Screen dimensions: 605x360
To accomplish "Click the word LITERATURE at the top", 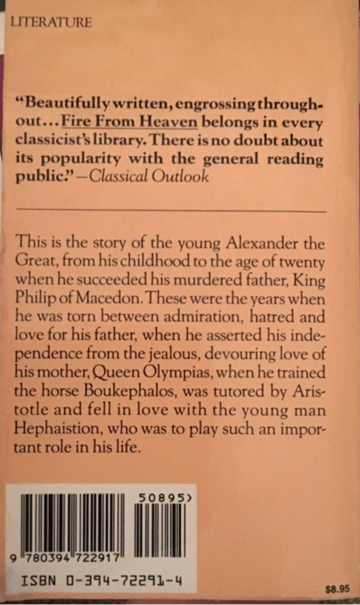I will [x=51, y=23].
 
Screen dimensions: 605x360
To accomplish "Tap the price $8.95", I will [x=338, y=588].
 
